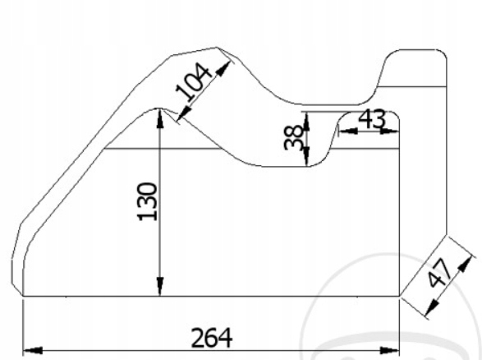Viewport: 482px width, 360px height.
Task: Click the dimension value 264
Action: [212, 337]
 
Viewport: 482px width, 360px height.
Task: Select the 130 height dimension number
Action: [148, 202]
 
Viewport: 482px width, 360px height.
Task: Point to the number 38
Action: [293, 136]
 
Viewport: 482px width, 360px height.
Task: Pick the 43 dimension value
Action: [372, 118]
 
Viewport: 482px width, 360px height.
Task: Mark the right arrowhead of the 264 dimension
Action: [392, 350]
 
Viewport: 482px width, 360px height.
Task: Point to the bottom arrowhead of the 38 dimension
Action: [305, 161]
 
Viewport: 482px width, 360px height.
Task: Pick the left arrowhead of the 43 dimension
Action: [344, 129]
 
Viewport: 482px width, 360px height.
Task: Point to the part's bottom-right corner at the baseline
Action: [399, 295]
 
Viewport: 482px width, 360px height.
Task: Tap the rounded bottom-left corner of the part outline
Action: [18, 279]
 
